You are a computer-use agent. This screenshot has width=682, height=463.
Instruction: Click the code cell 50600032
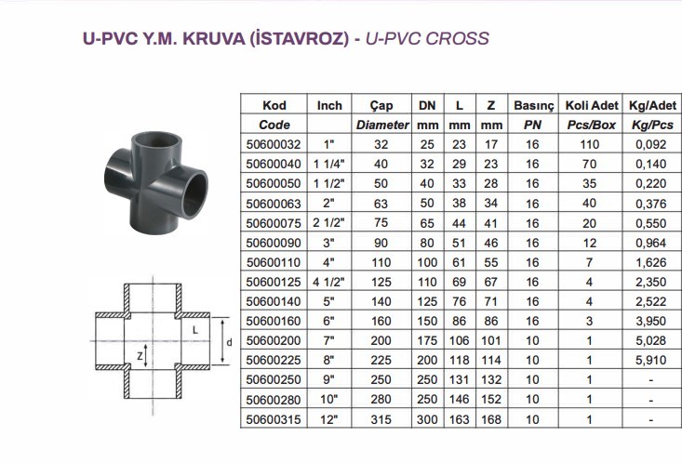(274, 144)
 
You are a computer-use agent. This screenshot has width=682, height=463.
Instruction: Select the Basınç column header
(534, 106)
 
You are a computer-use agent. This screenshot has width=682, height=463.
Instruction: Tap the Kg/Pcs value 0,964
(650, 243)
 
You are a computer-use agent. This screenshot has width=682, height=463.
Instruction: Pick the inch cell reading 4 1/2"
(328, 282)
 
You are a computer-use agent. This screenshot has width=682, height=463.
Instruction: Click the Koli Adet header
(592, 105)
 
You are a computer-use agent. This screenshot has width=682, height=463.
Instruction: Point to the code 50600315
(274, 419)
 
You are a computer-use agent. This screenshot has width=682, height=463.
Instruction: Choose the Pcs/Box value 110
(589, 144)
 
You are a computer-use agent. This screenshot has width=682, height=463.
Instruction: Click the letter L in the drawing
(195, 330)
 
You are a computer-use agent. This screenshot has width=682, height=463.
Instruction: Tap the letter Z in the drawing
(140, 356)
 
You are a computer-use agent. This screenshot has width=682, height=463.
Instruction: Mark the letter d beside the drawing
(229, 342)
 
